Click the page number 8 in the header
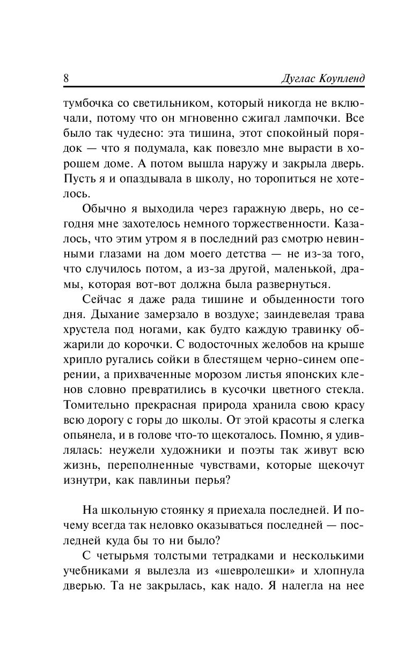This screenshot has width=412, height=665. click(66, 78)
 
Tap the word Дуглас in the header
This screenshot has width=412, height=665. click(301, 78)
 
